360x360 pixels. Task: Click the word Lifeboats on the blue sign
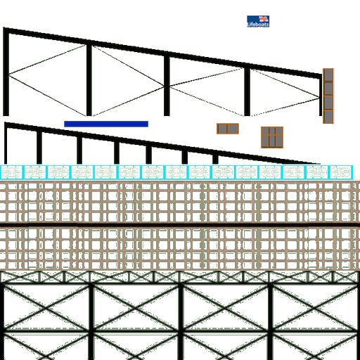[258, 25]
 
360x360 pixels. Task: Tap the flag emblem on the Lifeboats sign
[264, 19]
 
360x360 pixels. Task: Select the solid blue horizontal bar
[106, 124]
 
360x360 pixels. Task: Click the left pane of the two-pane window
[222, 129]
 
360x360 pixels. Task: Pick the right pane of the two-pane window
[233, 129]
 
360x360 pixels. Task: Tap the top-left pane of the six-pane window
[265, 131]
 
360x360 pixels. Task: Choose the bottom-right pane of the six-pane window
[279, 141]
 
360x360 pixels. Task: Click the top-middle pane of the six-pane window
[272, 131]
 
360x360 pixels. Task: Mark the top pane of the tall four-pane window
[328, 75]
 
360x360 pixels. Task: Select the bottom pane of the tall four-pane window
[328, 117]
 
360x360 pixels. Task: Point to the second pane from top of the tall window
[328, 89]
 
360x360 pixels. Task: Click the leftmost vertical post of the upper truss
[6, 72]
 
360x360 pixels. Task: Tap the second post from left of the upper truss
[89, 79]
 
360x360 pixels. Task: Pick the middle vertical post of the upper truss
[167, 85]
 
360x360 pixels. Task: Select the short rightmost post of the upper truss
[321, 95]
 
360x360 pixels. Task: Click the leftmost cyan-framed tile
[11, 172]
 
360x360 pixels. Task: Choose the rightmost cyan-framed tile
[341, 172]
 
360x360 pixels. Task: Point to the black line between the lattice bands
[180, 225]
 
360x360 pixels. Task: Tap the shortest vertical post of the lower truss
[215, 159]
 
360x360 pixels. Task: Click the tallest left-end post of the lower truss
[6, 143]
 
